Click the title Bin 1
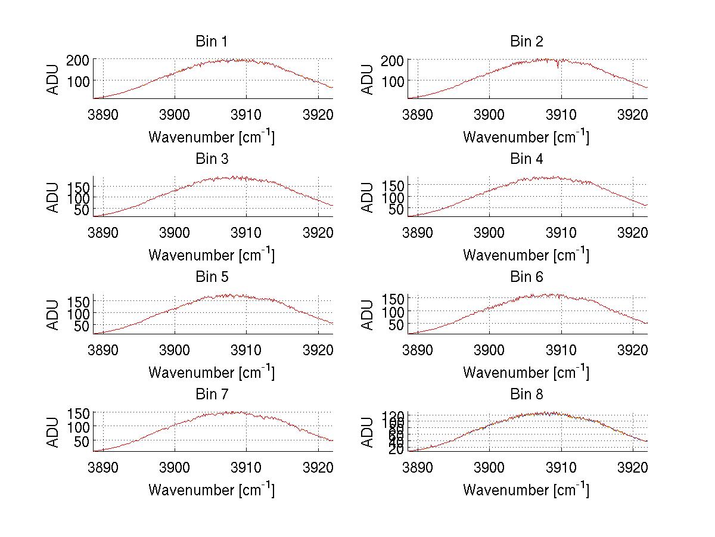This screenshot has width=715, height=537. tap(211, 42)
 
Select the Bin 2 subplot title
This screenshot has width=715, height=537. tap(526, 42)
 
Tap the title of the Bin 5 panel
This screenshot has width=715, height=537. tap(211, 277)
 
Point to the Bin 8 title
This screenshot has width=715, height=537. tap(526, 395)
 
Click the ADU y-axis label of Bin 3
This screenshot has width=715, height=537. tap(54, 197)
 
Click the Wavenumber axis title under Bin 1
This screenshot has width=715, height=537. tap(211, 137)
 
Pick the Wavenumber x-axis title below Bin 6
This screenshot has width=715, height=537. tap(526, 373)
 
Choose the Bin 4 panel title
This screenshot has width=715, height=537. tap(526, 159)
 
